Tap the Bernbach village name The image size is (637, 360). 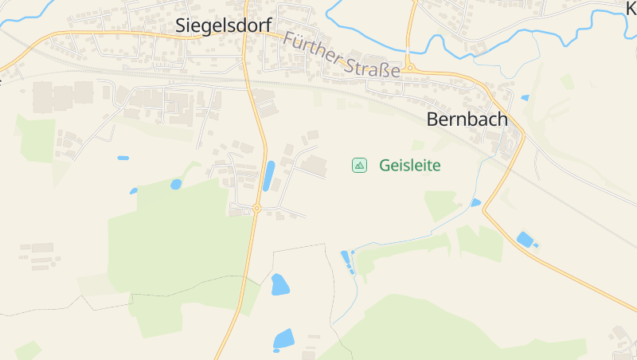tap(467, 119)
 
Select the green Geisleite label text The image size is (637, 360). tap(410, 166)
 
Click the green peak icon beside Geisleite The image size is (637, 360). tap(360, 165)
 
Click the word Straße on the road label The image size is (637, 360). tap(373, 68)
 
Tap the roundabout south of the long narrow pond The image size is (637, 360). tap(256, 209)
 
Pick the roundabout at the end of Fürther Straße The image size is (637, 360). tap(409, 68)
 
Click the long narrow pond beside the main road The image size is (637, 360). tap(268, 176)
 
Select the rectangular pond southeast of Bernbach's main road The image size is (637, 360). tap(525, 239)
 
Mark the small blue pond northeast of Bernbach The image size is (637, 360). tap(525, 98)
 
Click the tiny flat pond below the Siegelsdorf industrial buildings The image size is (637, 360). tap(123, 158)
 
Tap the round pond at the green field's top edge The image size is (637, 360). tap(176, 184)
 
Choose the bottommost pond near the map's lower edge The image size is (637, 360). tap(283, 339)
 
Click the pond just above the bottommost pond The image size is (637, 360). tap(279, 284)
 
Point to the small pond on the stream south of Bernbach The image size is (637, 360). tap(475, 203)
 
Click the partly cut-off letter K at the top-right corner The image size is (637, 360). tap(631, 6)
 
